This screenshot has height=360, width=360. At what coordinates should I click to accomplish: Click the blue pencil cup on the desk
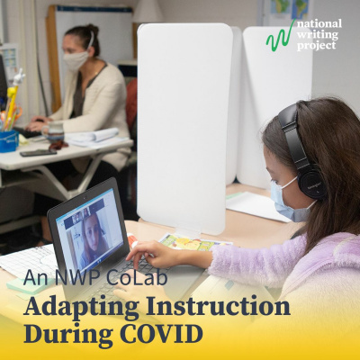click(x=10, y=139)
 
